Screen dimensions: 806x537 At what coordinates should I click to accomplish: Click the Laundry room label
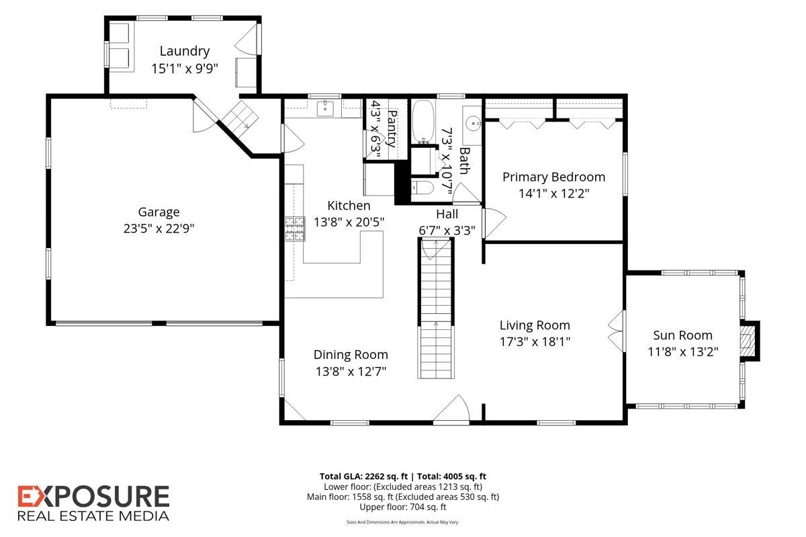(185, 51)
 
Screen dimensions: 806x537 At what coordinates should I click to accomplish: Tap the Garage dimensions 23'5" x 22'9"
(159, 229)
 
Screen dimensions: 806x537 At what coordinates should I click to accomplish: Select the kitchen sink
(325, 109)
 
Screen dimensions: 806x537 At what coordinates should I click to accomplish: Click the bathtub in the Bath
(423, 122)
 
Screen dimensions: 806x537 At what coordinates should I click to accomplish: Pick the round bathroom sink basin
(472, 124)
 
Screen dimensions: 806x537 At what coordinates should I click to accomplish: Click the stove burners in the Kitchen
(295, 229)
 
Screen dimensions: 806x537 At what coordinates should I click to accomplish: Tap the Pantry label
(392, 128)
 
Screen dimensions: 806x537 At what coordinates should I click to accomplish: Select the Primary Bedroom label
(553, 177)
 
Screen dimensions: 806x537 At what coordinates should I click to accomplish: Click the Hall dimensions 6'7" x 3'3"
(447, 231)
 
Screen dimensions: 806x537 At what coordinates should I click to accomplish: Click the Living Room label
(535, 325)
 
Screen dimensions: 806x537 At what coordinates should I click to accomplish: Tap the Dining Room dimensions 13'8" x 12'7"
(351, 371)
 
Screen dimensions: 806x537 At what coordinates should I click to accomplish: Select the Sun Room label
(682, 335)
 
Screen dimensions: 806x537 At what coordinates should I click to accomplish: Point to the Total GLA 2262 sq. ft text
(363, 477)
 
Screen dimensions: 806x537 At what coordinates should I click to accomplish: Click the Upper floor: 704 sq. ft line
(402, 507)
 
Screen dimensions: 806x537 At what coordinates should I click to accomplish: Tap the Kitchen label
(349, 206)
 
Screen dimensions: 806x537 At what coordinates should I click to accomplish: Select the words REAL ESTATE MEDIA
(93, 516)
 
